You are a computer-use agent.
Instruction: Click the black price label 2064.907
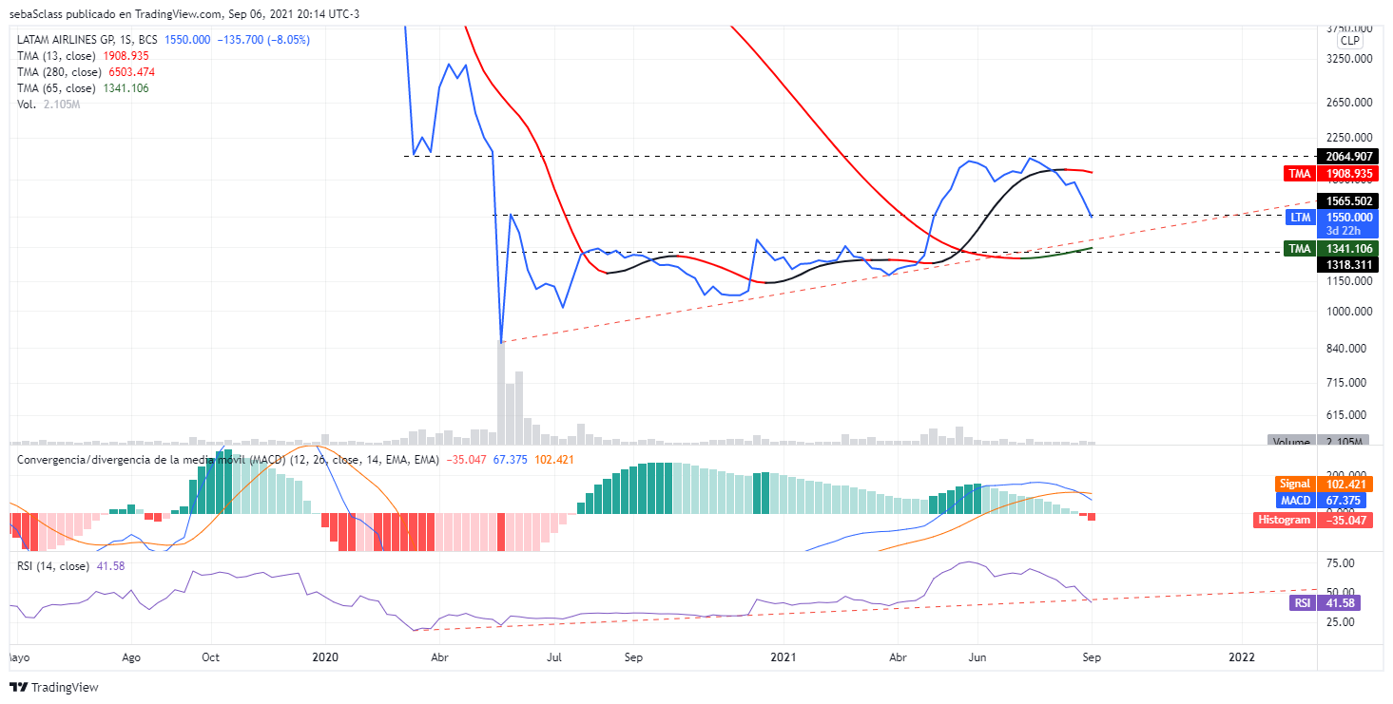(x=1342, y=156)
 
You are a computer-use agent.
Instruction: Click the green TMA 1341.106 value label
(x=1342, y=249)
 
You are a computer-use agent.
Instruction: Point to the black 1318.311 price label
(x=1342, y=264)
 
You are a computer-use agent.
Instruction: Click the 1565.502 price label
(x=1342, y=201)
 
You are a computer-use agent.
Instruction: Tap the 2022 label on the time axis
(x=1242, y=656)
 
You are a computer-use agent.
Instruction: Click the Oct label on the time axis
(x=211, y=656)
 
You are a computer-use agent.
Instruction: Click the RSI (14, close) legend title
(x=52, y=566)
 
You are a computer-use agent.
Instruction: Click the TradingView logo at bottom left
(x=54, y=687)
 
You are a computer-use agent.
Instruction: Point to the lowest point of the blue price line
(x=501, y=342)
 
